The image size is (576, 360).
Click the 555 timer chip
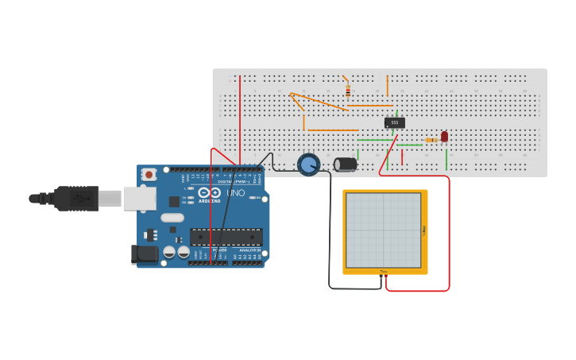coord(395,122)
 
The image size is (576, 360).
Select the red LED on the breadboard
coord(444,137)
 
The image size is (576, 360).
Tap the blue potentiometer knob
coord(308,165)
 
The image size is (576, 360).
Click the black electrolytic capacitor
coord(346,164)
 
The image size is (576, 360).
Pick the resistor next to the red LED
coord(431,140)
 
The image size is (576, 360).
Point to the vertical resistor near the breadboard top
coord(348,91)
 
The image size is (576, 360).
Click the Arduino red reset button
coord(149,174)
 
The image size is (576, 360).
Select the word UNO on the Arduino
coord(235,193)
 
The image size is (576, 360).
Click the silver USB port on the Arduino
coord(139,198)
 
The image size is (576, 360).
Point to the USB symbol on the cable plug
coord(80,198)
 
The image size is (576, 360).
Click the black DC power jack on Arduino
coord(144,254)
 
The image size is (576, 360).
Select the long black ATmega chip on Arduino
coord(226,236)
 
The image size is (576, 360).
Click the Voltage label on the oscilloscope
coord(424,230)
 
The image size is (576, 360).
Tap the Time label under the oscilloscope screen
coord(384,271)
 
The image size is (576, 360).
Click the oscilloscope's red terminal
coord(386,276)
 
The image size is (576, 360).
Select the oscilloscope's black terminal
coord(381,276)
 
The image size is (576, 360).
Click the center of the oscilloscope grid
coord(384,230)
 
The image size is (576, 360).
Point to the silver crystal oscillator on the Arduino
coord(172,217)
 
